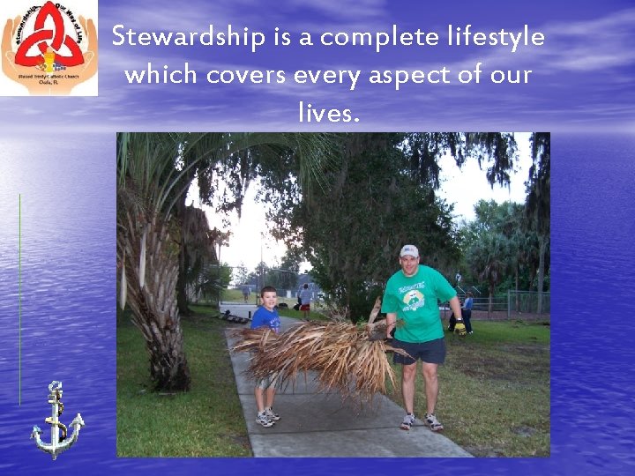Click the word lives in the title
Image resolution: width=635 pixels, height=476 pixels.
tap(329, 112)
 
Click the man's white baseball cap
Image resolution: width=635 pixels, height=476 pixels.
tap(408, 251)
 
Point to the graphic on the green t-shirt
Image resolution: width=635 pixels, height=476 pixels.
tap(413, 301)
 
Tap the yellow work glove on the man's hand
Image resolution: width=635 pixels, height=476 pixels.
tap(459, 327)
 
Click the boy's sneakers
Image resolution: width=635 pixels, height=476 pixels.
tap(266, 417)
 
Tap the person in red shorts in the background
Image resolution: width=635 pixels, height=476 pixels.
tap(305, 300)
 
